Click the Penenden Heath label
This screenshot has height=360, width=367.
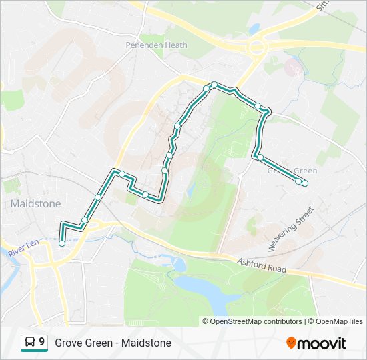tap(157, 45)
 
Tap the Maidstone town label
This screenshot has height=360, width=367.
tap(36, 203)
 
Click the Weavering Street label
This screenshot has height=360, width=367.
tap(291, 229)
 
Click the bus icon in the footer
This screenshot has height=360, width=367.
tap(30, 343)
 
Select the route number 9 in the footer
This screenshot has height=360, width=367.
tap(42, 343)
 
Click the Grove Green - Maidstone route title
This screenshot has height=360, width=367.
tap(113, 343)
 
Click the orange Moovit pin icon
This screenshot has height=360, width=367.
tap(292, 343)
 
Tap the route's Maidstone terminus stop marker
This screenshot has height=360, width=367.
tap(62, 243)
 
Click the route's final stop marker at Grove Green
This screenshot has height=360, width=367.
tap(304, 183)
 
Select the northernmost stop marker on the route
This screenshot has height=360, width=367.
tap(214, 85)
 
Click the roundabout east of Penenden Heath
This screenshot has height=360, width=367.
tap(256, 48)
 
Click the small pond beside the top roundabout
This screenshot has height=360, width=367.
tap(254, 29)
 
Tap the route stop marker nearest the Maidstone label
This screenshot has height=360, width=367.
tap(85, 220)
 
